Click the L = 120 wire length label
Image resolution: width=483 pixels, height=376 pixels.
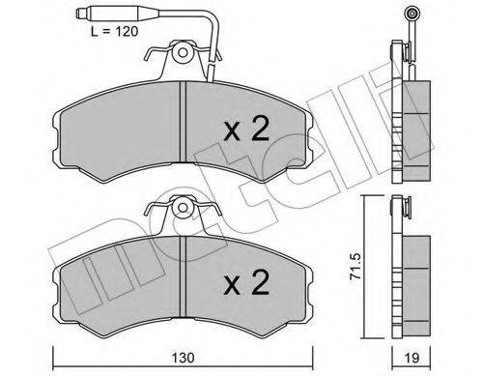pos(114,31)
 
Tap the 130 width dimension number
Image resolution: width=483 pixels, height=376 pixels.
pos(183,358)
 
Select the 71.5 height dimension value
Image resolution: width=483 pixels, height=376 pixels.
pos(355,267)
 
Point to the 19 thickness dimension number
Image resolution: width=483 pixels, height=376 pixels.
pos(412,358)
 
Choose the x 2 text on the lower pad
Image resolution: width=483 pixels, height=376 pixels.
pos(246,282)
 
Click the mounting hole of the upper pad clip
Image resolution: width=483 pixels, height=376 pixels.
pos(183,52)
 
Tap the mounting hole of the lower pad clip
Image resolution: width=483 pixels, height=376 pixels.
pos(183,207)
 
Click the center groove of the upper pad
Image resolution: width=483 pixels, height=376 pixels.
pos(183,122)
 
